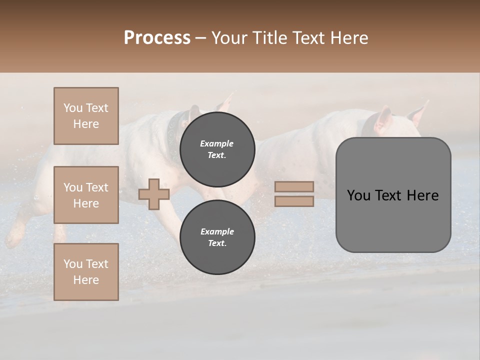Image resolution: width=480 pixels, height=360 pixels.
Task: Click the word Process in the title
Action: click(x=157, y=38)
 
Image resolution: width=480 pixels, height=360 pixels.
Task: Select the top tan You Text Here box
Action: click(x=86, y=116)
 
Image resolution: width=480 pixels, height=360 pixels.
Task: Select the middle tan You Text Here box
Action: click(x=86, y=195)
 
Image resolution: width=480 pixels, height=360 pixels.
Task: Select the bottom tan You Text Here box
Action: click(x=86, y=272)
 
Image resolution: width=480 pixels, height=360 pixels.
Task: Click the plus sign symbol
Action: click(x=154, y=194)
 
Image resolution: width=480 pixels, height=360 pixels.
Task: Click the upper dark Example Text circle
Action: click(x=217, y=149)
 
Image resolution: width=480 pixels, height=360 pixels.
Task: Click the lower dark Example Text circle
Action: click(x=217, y=237)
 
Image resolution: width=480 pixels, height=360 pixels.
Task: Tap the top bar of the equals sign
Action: click(x=294, y=186)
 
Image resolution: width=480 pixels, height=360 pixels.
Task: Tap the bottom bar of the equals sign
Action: click(x=294, y=201)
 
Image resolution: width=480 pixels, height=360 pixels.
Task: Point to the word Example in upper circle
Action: click(x=217, y=144)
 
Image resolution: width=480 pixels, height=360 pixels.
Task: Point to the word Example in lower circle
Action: click(x=217, y=231)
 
